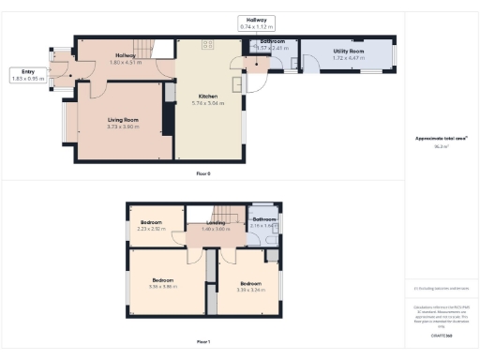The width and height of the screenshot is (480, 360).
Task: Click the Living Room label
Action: [123, 119]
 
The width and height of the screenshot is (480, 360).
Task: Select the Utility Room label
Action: [348, 52]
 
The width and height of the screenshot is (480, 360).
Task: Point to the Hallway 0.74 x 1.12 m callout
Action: [256, 23]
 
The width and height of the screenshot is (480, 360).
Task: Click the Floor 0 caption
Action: [203, 173]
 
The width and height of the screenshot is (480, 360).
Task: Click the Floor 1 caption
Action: [203, 342]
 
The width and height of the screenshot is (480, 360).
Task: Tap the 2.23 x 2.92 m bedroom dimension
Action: [151, 229]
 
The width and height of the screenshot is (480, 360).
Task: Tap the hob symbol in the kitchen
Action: [207, 44]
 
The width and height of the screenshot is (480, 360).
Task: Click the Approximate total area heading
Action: [442, 139]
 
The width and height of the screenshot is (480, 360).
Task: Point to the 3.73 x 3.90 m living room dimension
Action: [123, 126]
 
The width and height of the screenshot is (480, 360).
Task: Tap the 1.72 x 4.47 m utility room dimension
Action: [348, 58]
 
